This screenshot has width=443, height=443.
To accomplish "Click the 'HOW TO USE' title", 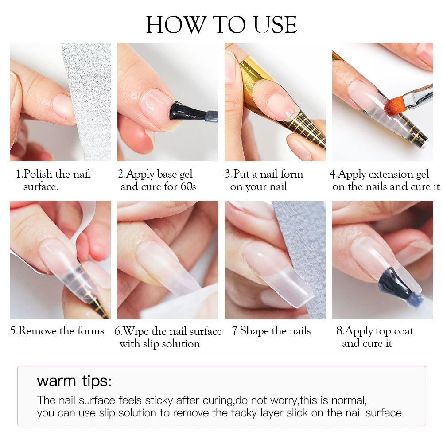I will (x=221, y=25).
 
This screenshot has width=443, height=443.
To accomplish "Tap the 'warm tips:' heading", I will (x=74, y=381).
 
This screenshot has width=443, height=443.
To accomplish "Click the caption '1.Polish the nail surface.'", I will (x=53, y=180).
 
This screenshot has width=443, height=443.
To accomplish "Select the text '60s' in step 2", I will (x=188, y=187).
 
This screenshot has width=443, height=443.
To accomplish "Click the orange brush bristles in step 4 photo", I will (x=394, y=107).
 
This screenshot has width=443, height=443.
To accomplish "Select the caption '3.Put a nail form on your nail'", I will (x=264, y=180).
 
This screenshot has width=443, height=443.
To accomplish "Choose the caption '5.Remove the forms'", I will (x=57, y=331).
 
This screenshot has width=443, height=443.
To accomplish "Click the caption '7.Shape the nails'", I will (x=271, y=331).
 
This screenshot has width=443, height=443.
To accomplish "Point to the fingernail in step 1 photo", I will (x=63, y=106).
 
